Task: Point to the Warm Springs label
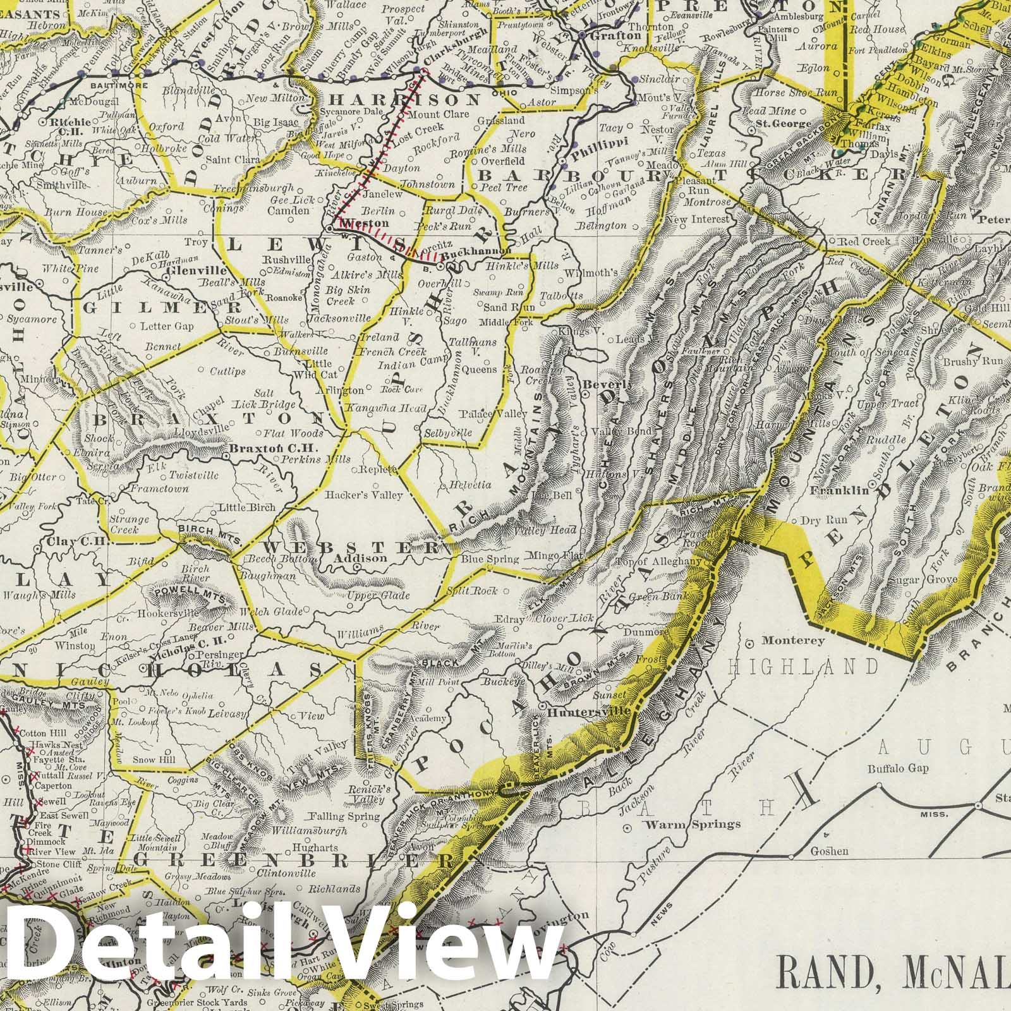coord(692,824)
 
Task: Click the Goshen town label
coord(830,851)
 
